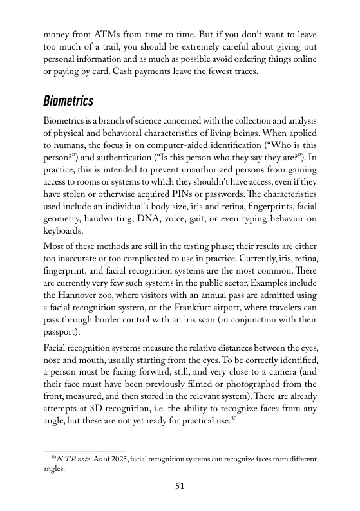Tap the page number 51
pos(180,487)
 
